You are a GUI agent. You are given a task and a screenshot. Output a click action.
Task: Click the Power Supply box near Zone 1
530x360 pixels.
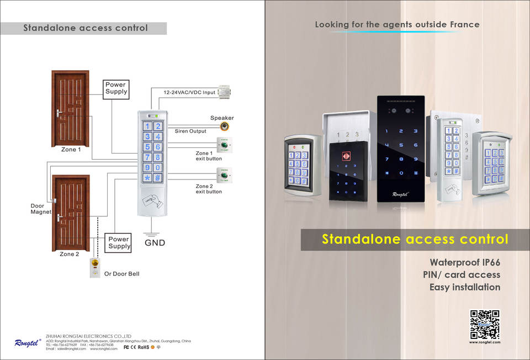click(x=116, y=89)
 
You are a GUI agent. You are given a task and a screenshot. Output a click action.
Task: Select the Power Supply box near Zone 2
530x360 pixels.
click(x=119, y=243)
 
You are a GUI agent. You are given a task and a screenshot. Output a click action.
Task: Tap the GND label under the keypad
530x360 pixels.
click(x=155, y=242)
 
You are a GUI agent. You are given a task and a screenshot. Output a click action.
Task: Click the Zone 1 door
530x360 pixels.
click(x=70, y=108)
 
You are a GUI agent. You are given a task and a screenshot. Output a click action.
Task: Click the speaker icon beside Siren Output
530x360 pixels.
click(x=225, y=126)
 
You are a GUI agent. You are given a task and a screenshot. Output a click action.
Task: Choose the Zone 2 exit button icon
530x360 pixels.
click(x=224, y=175)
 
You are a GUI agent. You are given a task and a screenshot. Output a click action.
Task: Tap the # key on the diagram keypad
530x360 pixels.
click(x=158, y=178)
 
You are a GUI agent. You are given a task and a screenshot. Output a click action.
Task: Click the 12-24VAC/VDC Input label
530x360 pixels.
click(x=189, y=92)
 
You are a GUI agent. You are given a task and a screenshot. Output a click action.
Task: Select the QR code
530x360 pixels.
click(x=485, y=324)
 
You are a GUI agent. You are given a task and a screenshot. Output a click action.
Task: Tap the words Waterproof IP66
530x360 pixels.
click(x=465, y=262)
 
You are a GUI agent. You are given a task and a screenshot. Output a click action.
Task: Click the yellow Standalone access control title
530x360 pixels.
click(x=415, y=240)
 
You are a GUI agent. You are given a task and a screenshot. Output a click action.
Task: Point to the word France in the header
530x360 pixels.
click(x=464, y=24)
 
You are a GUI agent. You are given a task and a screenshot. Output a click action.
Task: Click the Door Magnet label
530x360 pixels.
click(x=40, y=209)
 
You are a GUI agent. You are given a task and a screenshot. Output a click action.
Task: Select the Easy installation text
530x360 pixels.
click(x=465, y=287)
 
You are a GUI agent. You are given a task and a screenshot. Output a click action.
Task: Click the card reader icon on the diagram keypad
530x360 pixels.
click(x=152, y=198)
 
